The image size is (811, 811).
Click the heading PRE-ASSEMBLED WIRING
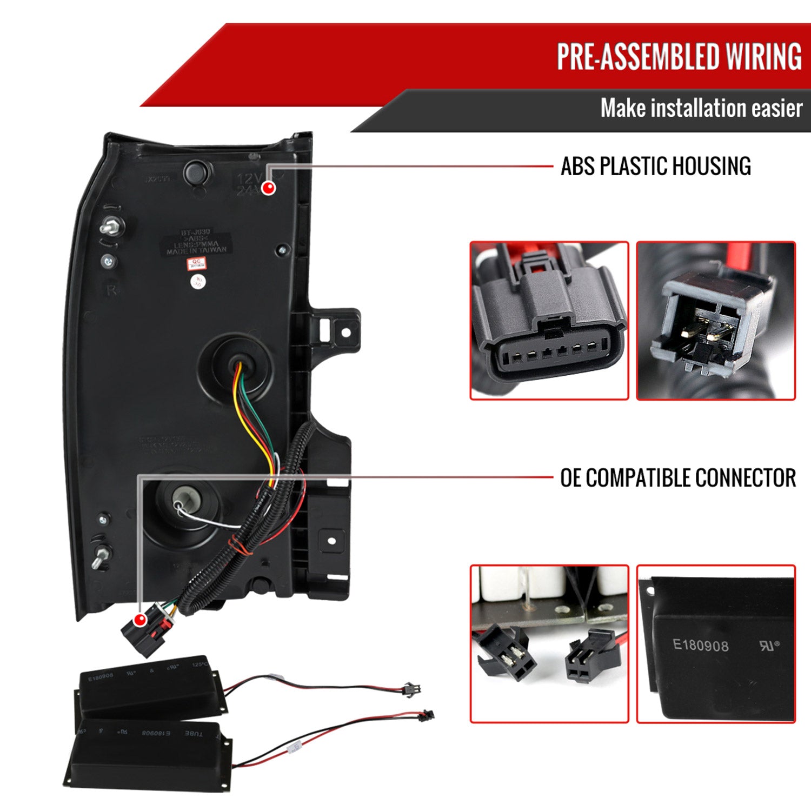pos(679,56)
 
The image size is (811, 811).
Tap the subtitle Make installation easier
pos(701,109)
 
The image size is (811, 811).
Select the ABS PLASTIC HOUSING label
pos(655,166)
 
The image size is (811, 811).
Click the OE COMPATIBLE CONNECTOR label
pos(677,478)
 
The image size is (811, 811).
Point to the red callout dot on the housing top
pos(268,188)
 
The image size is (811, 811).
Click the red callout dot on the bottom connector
pos(140,620)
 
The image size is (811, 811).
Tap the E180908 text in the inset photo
pos(700,645)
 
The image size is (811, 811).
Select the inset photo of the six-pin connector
pos(549,321)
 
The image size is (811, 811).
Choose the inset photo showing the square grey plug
pos(715,321)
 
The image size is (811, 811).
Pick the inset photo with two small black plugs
pos(549,644)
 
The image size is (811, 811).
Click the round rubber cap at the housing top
pos(196,172)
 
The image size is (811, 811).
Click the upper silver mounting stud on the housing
pos(112,226)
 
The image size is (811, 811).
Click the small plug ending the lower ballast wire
pos(427,714)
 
